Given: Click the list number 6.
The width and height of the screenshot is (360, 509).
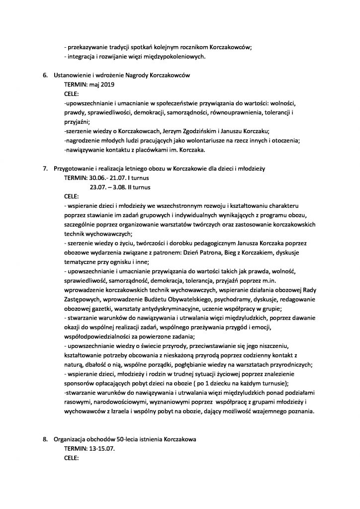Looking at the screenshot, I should pos(44,76).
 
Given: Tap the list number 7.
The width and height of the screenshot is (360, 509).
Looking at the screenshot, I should pos(44,169).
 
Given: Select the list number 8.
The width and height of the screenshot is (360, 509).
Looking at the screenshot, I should pos(44,439).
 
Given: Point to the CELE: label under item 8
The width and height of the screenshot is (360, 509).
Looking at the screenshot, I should pos(72,458).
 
